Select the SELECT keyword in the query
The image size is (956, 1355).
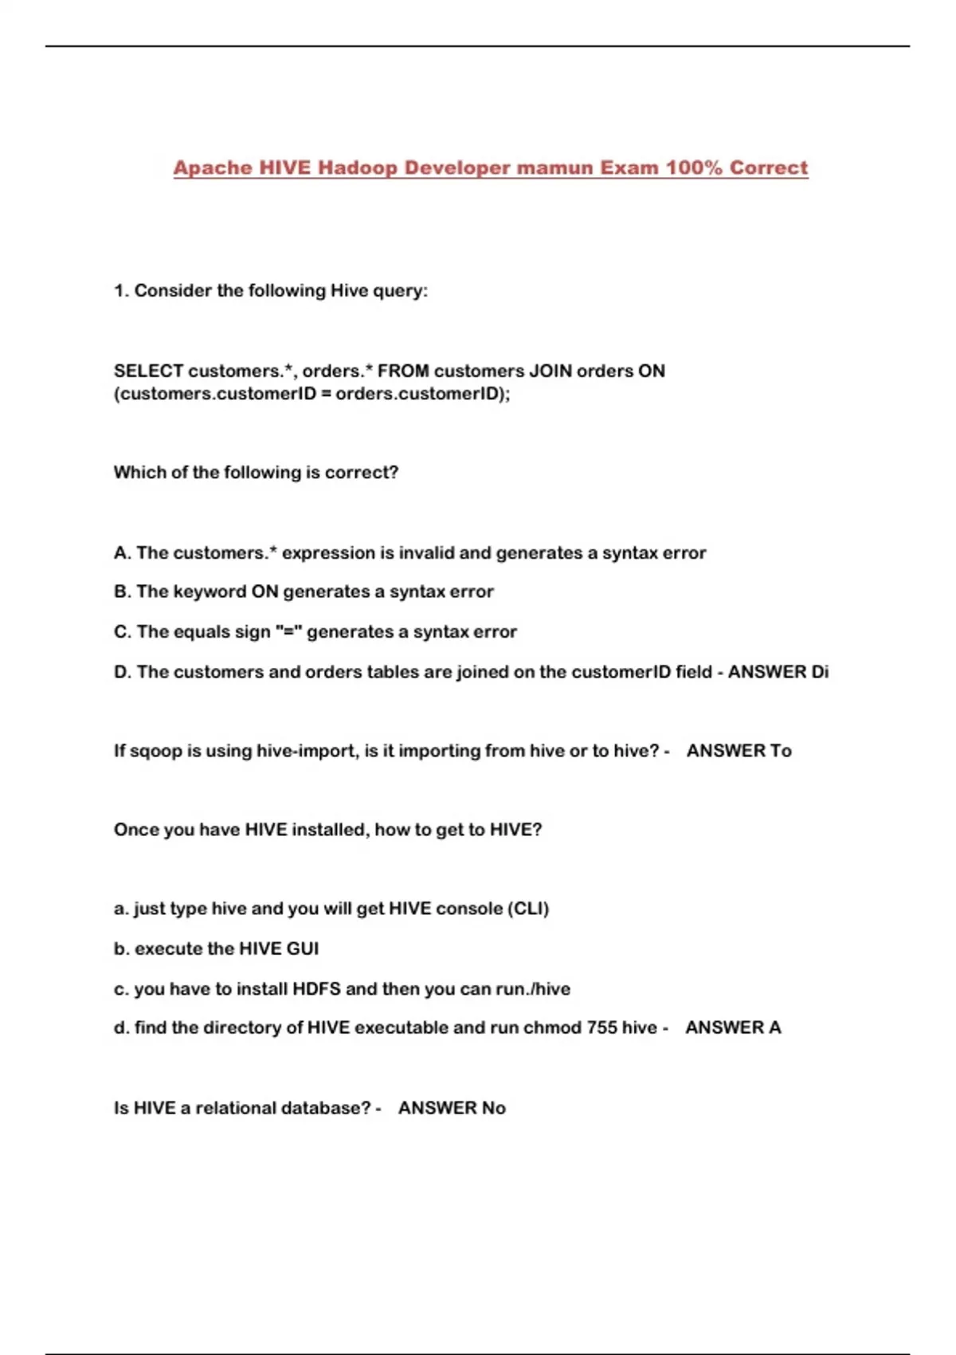tap(148, 371)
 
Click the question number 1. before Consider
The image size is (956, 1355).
tap(121, 291)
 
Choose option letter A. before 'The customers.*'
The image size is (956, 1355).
tap(123, 553)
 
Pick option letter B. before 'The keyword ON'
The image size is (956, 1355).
tap(123, 592)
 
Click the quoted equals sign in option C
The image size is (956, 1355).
tap(288, 632)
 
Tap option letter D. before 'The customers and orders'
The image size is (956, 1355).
tap(123, 672)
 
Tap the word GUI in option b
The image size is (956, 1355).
tap(302, 949)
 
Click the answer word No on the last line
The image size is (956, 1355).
tap(494, 1108)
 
